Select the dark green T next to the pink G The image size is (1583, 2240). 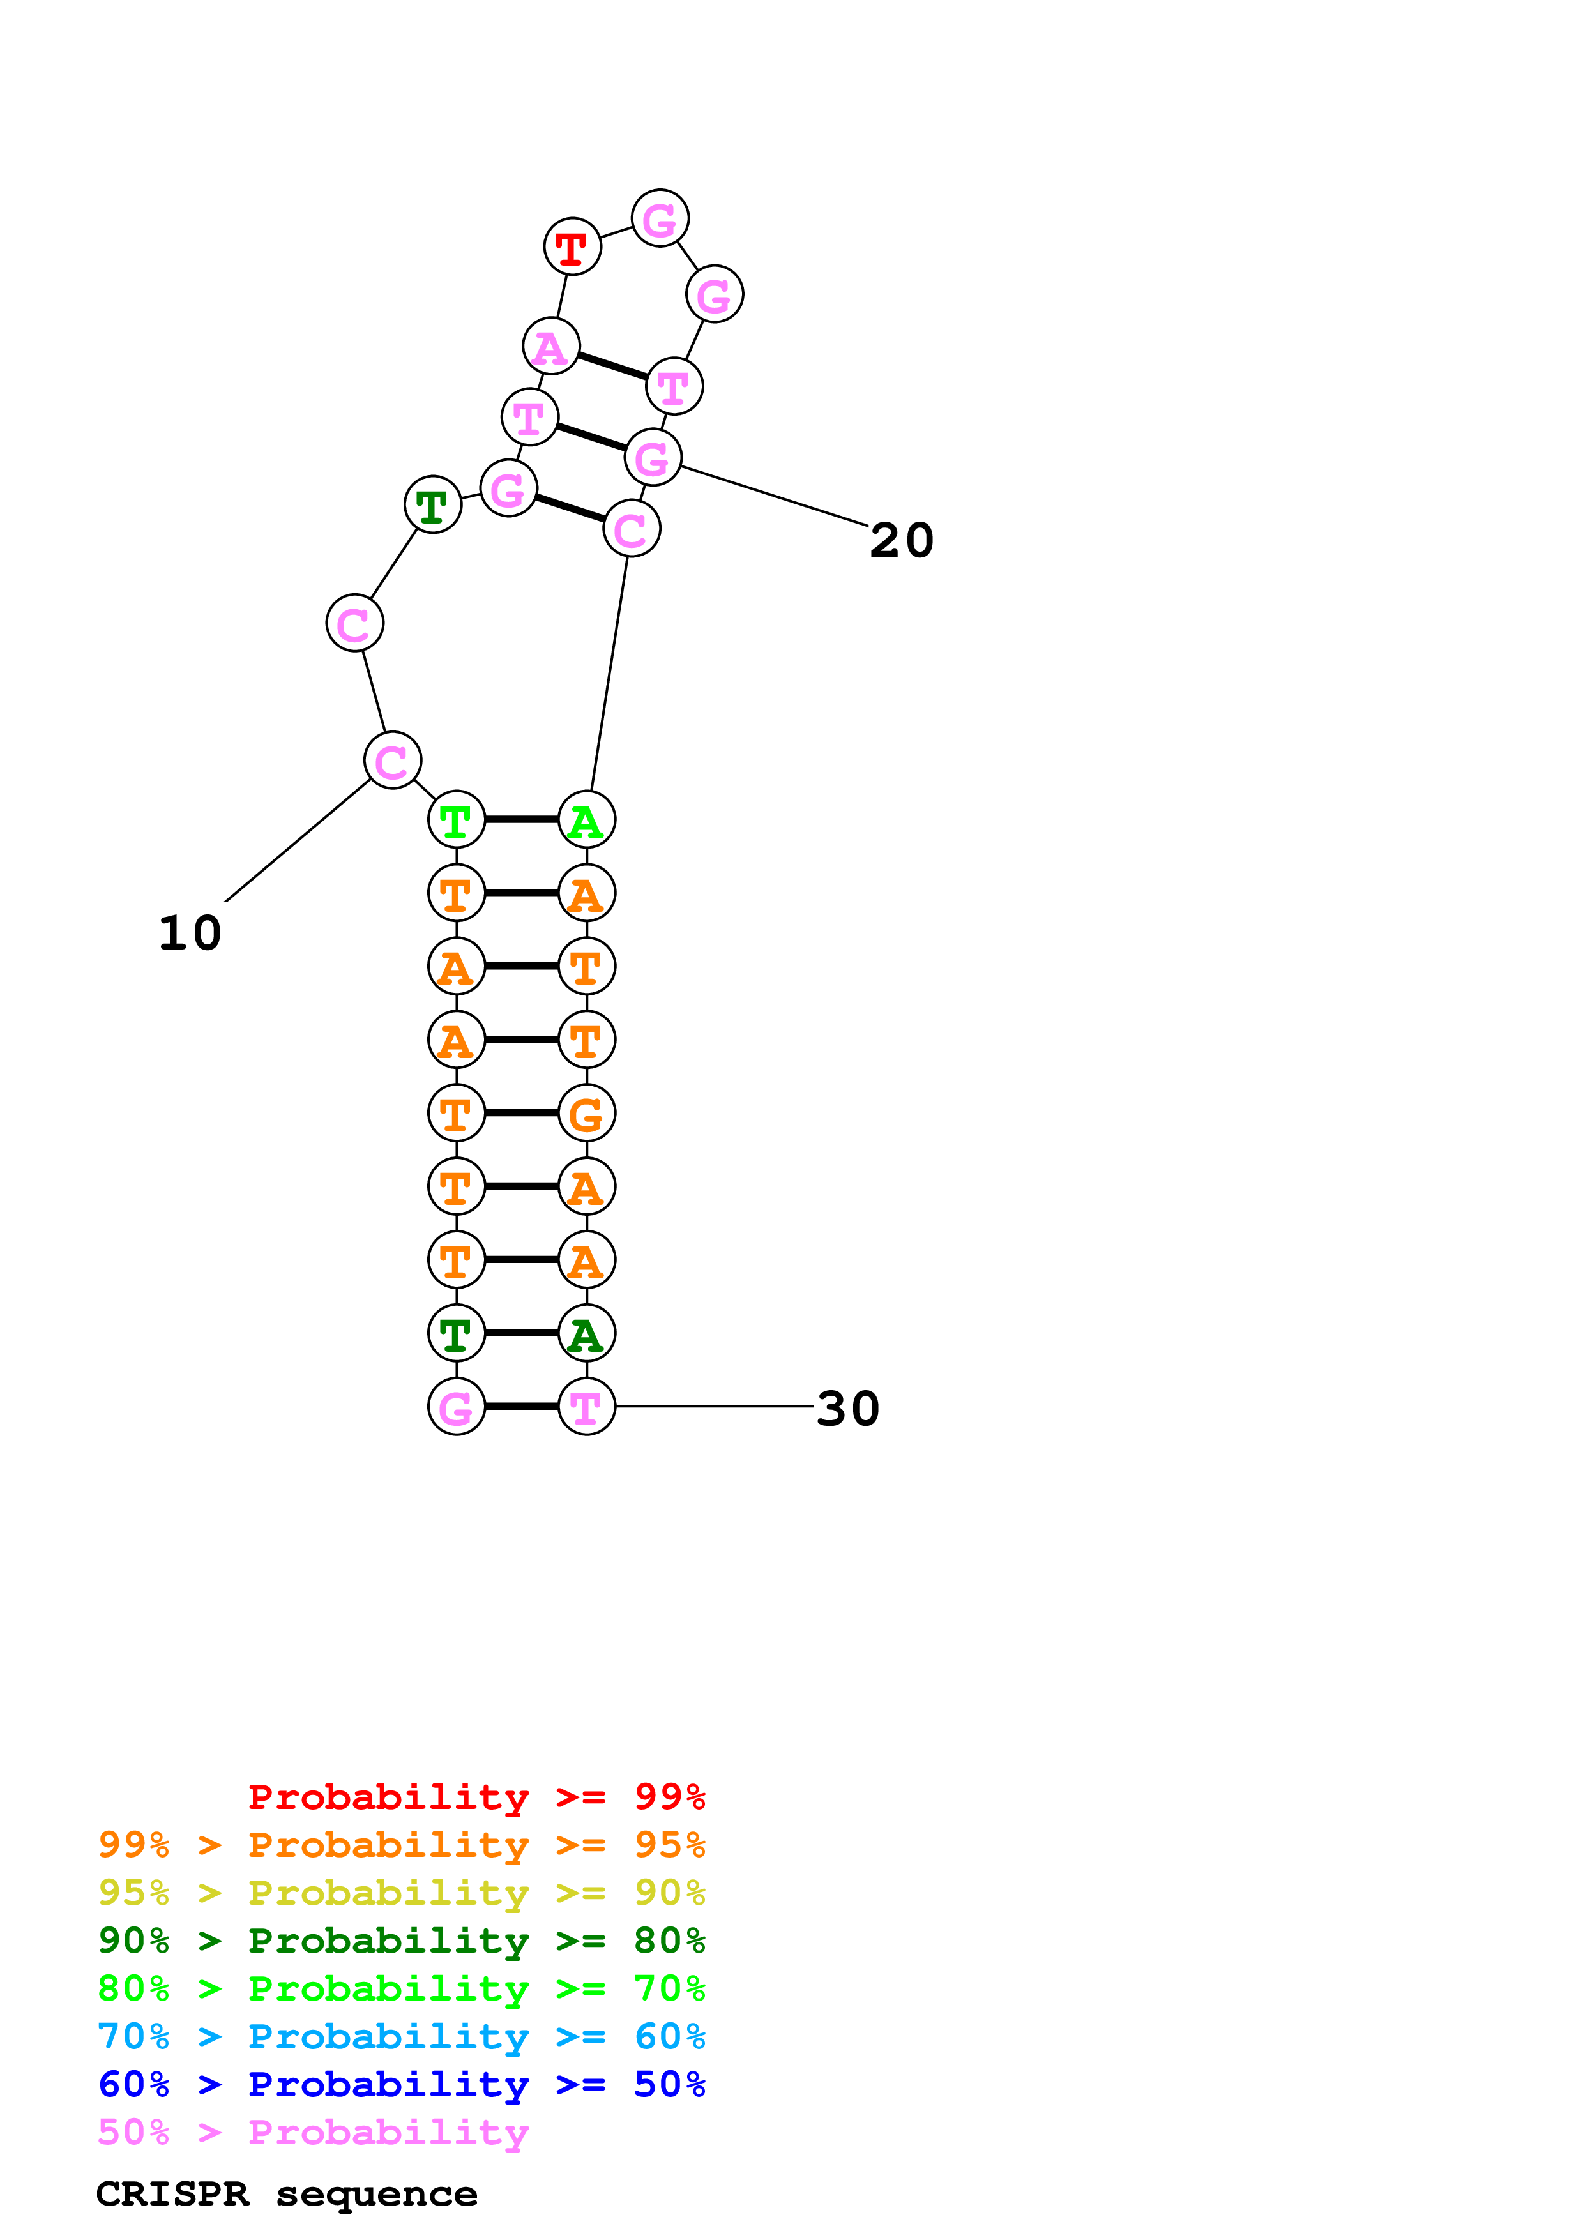coord(432,505)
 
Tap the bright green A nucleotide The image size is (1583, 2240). coord(586,819)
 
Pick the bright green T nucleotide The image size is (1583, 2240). coord(457,819)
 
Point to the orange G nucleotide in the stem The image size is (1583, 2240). coord(586,1113)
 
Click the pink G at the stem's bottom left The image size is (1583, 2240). coord(457,1407)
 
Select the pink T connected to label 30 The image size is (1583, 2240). coord(586,1407)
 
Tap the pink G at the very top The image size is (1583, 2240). coord(660,218)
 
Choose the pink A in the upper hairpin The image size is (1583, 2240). coord(551,346)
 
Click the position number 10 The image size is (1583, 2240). coord(190,934)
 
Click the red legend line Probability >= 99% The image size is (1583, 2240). coord(476,1797)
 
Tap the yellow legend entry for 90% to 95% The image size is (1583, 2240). coord(401,1893)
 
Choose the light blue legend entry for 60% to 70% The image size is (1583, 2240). coord(401,2036)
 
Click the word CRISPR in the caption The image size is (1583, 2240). coord(172,2194)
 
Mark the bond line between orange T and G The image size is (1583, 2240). coord(522,1113)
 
